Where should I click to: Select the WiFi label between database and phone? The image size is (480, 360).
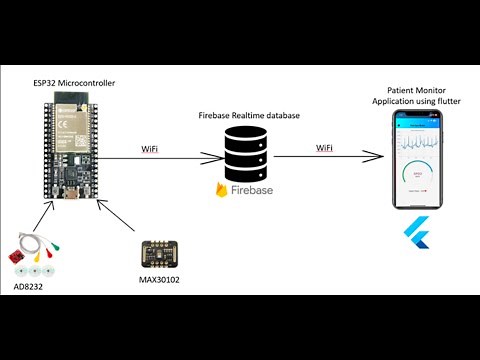[x=323, y=148]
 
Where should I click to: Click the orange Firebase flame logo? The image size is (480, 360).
[x=222, y=189]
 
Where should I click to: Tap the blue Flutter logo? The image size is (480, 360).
[x=414, y=234]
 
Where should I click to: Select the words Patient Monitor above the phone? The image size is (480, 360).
[x=415, y=89]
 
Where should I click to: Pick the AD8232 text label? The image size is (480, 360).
[x=29, y=288]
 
